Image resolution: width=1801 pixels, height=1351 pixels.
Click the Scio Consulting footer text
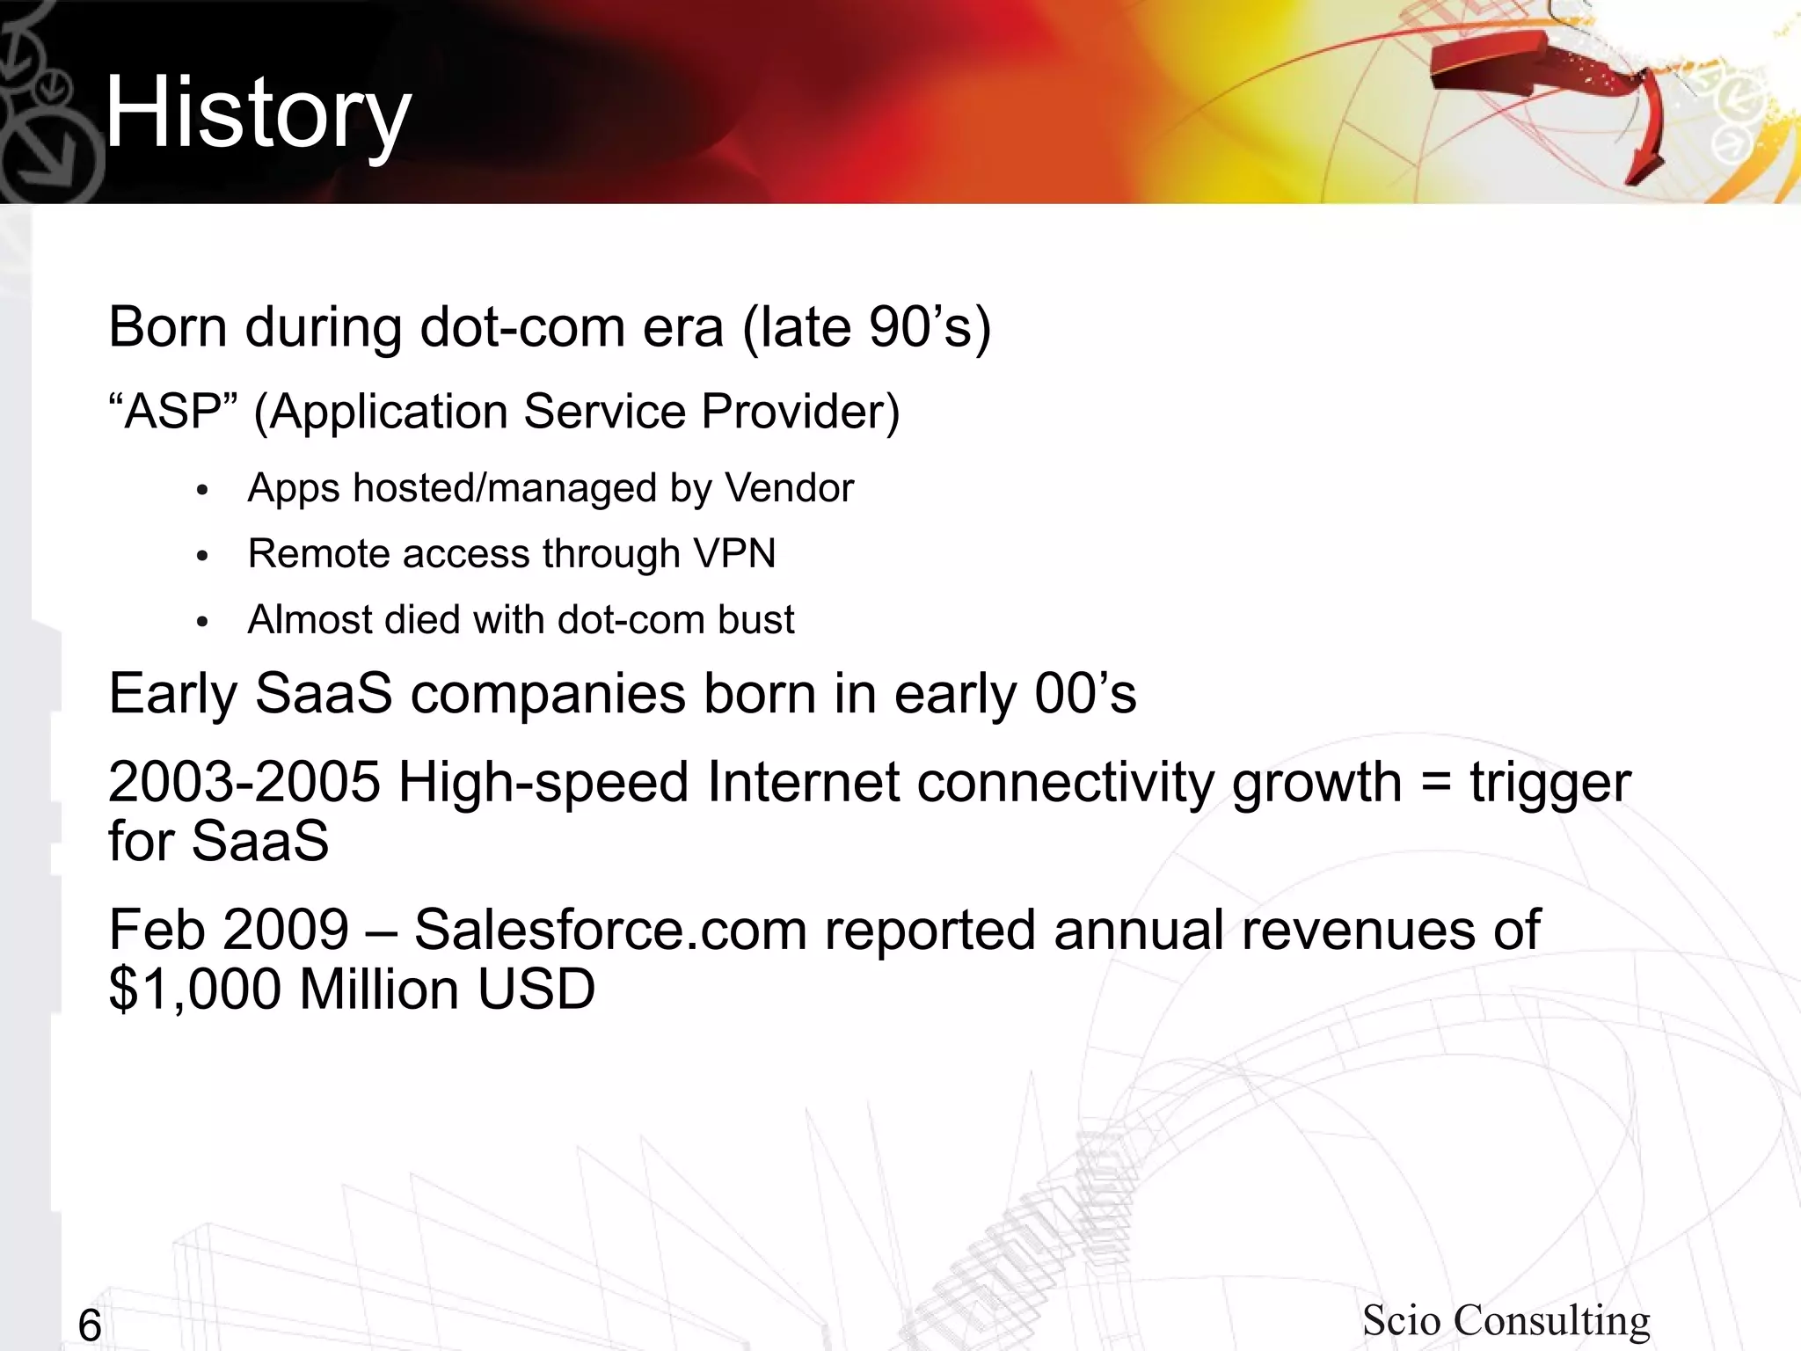tap(1506, 1320)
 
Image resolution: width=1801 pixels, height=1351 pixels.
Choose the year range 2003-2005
tap(244, 782)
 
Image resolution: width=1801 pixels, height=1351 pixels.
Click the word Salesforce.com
tap(610, 931)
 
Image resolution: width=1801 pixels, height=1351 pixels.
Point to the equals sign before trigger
tap(1435, 782)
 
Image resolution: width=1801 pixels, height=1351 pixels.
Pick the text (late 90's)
tap(867, 328)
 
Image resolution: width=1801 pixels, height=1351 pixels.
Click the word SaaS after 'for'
tap(260, 841)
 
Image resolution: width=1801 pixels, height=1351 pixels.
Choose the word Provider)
tap(800, 412)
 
